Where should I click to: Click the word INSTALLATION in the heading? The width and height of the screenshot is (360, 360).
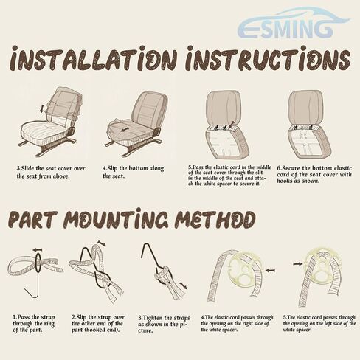click(94, 58)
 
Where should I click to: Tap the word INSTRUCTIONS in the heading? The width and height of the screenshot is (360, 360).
click(268, 58)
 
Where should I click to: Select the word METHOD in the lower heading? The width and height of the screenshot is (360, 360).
click(215, 220)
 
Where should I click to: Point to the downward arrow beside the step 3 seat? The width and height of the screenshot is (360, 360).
click(42, 109)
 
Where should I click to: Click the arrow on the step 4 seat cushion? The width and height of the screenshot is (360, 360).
click(125, 129)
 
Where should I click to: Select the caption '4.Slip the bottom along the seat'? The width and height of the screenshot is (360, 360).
click(133, 172)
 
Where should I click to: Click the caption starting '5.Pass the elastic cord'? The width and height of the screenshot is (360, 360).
click(229, 176)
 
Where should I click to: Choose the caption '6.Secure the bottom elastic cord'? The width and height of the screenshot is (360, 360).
click(314, 174)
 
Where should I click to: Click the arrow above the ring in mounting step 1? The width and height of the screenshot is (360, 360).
click(38, 250)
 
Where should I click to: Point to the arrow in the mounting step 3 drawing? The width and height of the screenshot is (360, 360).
click(183, 285)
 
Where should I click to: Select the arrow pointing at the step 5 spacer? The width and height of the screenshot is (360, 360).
click(297, 263)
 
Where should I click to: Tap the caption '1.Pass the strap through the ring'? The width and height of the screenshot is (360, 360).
click(34, 324)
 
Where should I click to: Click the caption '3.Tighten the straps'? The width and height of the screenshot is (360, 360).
click(164, 324)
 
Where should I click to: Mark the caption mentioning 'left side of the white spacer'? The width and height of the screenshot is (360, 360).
click(319, 324)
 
